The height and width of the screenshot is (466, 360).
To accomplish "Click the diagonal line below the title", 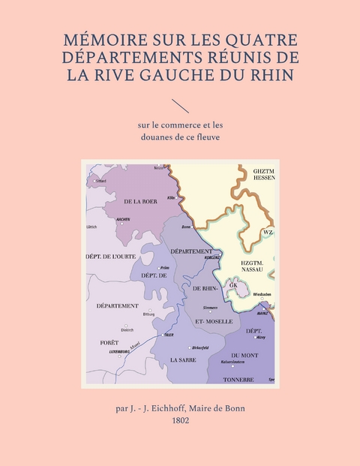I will [x=180, y=106].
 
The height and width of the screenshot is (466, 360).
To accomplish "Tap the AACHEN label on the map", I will [x=124, y=219].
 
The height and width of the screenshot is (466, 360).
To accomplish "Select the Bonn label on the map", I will [x=186, y=226].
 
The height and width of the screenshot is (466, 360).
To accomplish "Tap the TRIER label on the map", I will [x=169, y=335].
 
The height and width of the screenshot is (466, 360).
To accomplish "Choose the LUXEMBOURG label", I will [x=120, y=351].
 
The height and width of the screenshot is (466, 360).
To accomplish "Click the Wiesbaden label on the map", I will [x=262, y=294].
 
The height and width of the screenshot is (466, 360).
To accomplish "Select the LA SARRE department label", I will [x=184, y=360].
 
